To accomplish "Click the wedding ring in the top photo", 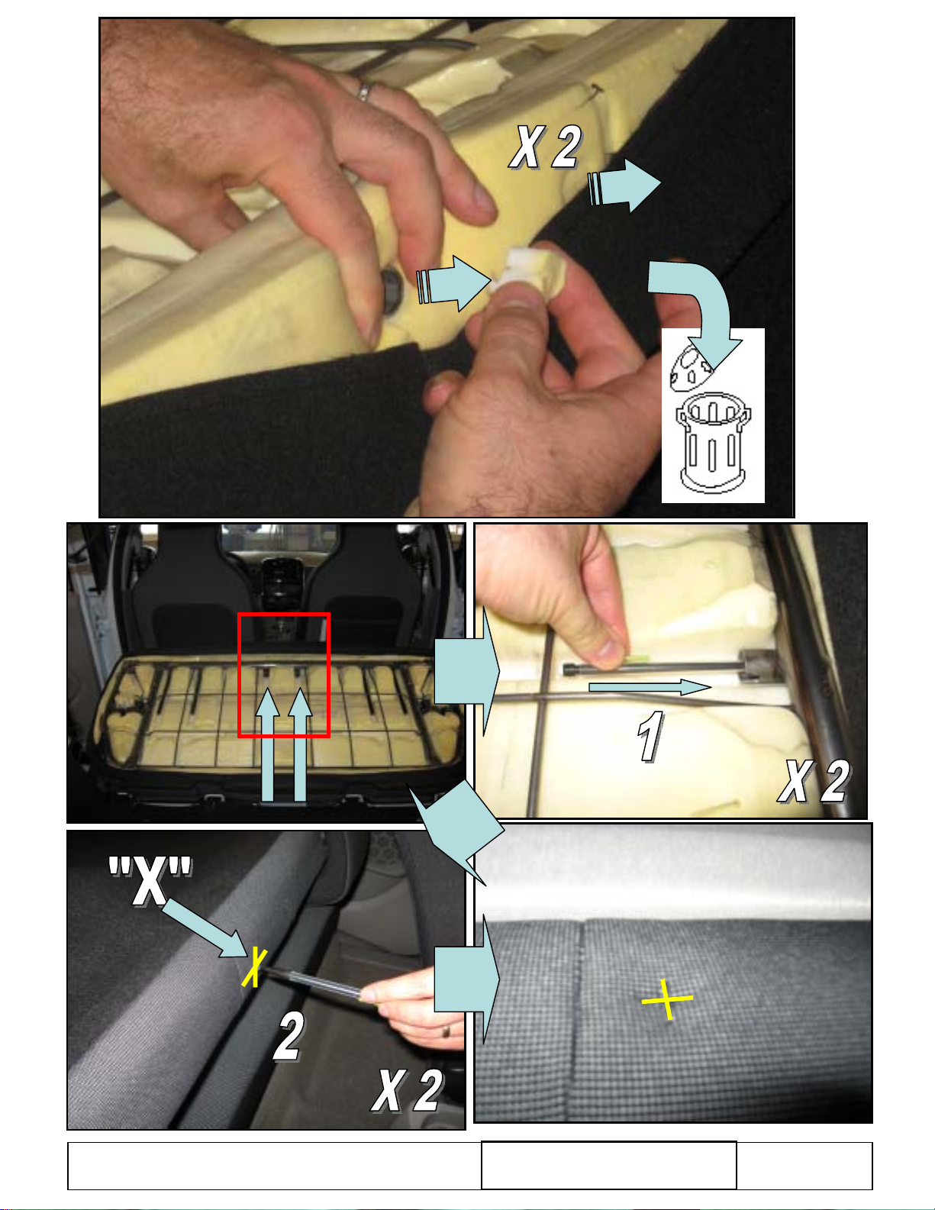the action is pos(365,92).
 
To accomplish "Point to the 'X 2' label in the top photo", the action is pos(546,147).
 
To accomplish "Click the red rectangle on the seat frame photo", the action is pos(284,676).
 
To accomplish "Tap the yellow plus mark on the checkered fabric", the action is pos(667,999).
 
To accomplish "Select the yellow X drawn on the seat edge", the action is pos(254,967).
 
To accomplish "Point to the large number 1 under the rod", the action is pos(650,736).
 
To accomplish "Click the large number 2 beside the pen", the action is pos(289,1036).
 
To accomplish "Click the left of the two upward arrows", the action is pos(268,744).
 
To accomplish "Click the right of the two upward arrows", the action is pos(301,744).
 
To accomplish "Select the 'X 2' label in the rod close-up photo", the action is pos(814,781).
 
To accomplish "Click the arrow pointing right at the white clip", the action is pos(453,283).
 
